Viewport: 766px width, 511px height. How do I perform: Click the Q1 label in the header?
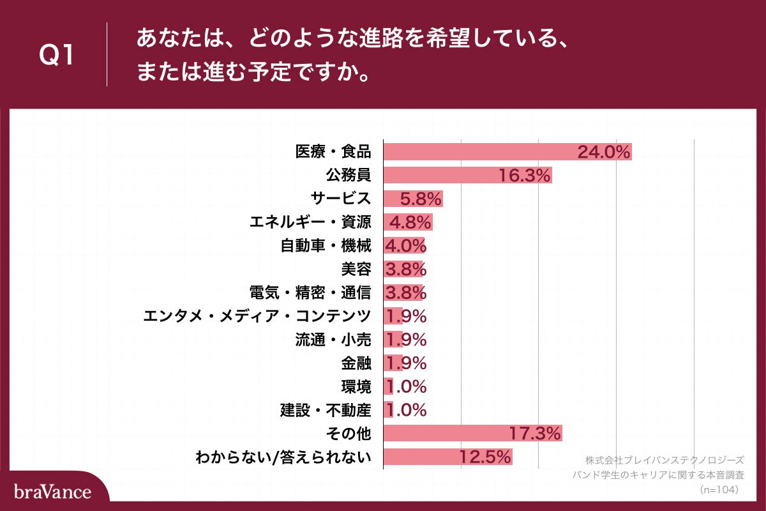[57, 56]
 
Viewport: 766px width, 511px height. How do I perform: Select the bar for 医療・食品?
[507, 152]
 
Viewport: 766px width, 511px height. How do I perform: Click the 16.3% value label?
[525, 176]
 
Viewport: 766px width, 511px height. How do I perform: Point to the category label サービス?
[345, 199]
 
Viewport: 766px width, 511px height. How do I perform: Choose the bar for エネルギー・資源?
[408, 222]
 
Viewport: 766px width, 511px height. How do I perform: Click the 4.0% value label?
[405, 246]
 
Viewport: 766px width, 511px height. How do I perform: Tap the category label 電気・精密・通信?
[310, 293]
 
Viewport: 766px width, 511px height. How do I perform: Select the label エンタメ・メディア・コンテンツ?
[257, 316]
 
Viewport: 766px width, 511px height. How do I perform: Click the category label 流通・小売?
[333, 339]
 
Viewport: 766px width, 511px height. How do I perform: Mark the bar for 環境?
[388, 386]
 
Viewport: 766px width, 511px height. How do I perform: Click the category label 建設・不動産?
[326, 409]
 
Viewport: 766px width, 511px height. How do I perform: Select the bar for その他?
[472, 433]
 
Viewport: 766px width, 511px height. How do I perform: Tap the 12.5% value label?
[485, 457]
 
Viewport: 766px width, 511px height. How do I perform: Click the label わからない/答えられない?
[283, 457]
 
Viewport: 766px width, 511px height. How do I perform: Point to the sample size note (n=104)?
[719, 489]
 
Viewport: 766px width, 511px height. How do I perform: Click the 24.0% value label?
[604, 152]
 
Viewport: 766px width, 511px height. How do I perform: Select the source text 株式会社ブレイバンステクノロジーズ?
[665, 460]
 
